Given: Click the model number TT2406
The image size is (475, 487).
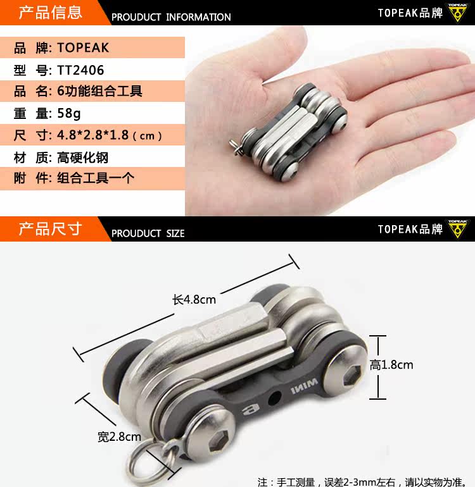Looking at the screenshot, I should [80, 70].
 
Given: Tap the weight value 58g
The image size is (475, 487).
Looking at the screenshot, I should [69, 114].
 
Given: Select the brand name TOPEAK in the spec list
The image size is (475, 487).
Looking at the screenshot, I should [83, 47].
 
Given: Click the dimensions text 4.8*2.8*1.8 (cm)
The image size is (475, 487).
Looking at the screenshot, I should [110, 135].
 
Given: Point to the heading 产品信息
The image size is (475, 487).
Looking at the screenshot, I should [50, 12].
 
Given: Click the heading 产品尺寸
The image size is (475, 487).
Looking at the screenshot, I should [50, 228].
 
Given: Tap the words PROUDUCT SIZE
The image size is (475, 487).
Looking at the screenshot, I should [148, 233].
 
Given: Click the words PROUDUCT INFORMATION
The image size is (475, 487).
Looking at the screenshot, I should [171, 17].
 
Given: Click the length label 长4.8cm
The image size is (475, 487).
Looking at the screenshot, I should [194, 299].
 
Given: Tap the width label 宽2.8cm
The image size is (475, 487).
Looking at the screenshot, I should [119, 436].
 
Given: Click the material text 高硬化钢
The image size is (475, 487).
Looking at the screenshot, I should [78, 157].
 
